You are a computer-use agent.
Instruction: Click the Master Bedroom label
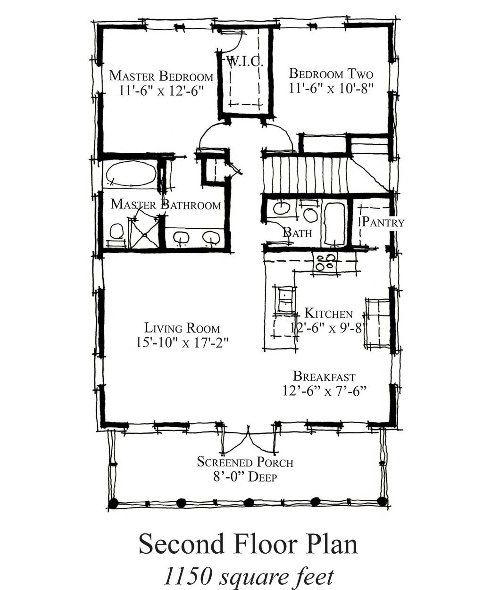click(x=161, y=75)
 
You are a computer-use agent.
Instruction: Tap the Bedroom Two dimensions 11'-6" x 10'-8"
click(x=331, y=88)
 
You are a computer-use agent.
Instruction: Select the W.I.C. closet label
click(x=244, y=62)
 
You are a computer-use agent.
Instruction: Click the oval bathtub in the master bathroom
click(x=131, y=174)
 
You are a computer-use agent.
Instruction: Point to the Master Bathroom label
click(x=166, y=205)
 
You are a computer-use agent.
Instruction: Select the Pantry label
click(x=383, y=222)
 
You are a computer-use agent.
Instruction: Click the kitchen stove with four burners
click(x=325, y=262)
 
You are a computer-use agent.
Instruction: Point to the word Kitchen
click(x=328, y=313)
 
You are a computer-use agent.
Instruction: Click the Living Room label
click(x=182, y=328)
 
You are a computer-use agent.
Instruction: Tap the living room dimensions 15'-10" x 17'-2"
click(x=182, y=342)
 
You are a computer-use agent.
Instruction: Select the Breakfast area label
click(x=324, y=376)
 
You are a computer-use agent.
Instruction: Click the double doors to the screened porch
click(x=248, y=439)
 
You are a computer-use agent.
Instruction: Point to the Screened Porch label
click(x=245, y=462)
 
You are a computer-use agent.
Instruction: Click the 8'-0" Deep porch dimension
click(x=245, y=476)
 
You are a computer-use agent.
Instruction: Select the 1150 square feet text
click(x=249, y=576)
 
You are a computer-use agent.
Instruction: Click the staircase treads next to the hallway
click(x=304, y=175)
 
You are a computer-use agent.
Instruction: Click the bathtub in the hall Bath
click(x=334, y=224)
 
